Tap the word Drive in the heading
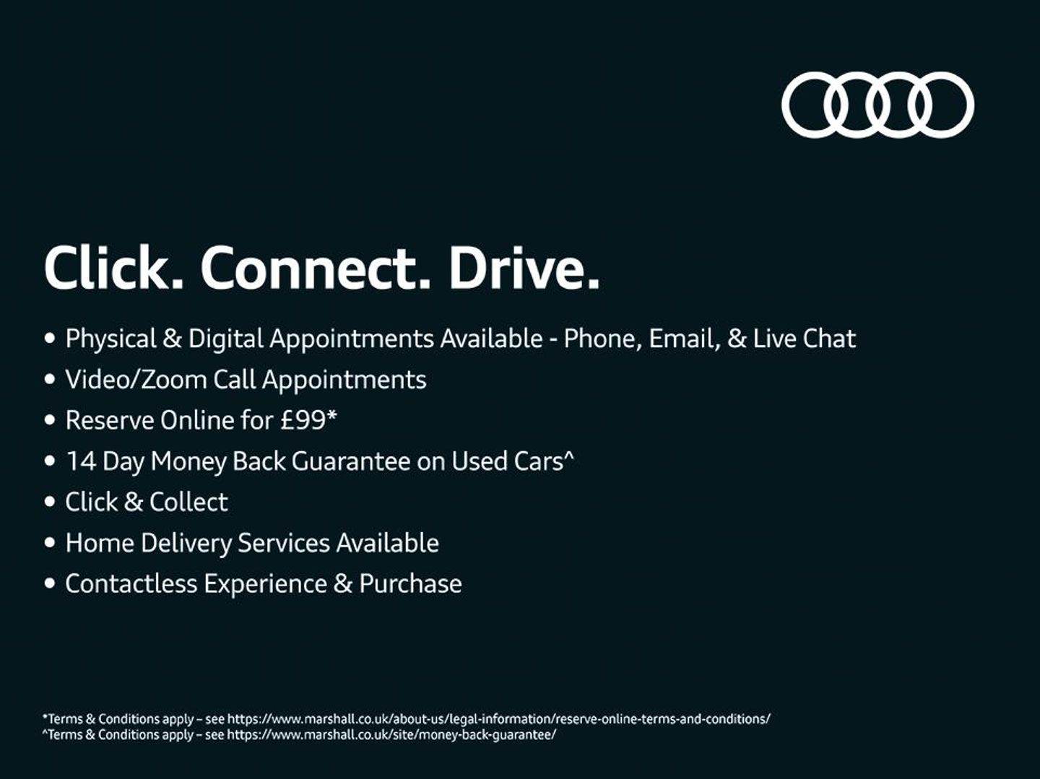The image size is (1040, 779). [x=524, y=267]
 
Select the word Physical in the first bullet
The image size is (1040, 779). [x=111, y=339]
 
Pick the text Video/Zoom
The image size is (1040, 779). [x=136, y=380]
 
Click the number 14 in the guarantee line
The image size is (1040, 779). [x=81, y=461]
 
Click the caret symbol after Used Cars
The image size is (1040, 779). [x=569, y=455]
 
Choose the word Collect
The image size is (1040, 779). [x=188, y=502]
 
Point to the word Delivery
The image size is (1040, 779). [x=186, y=544]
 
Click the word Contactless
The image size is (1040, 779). [x=131, y=583]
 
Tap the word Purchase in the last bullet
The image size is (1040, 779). [x=410, y=583]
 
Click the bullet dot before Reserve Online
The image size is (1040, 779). [x=49, y=420]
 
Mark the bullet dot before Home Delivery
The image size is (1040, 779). [x=49, y=543]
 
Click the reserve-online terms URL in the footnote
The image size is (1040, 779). [x=499, y=719]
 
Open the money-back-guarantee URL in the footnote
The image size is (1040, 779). [x=391, y=734]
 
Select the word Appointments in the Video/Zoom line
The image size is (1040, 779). [x=344, y=380]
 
